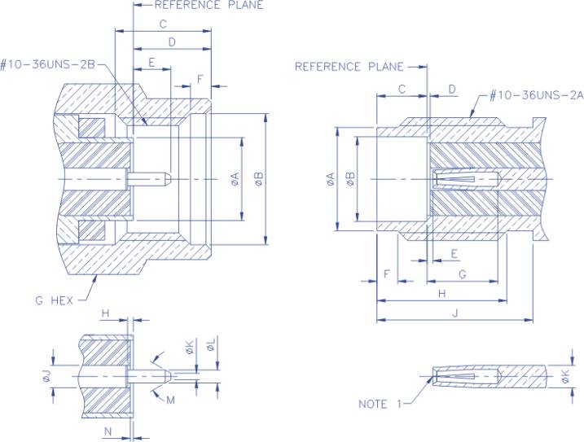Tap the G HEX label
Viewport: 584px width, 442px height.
(54, 300)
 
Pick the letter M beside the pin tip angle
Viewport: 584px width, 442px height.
(171, 399)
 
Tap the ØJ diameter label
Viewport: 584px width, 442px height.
(46, 377)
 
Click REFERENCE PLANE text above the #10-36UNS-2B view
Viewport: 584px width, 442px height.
(198, 5)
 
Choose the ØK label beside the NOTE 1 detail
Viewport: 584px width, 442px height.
(564, 377)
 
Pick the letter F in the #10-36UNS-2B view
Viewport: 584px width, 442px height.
(200, 79)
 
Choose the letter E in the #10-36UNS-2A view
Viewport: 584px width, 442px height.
(454, 254)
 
